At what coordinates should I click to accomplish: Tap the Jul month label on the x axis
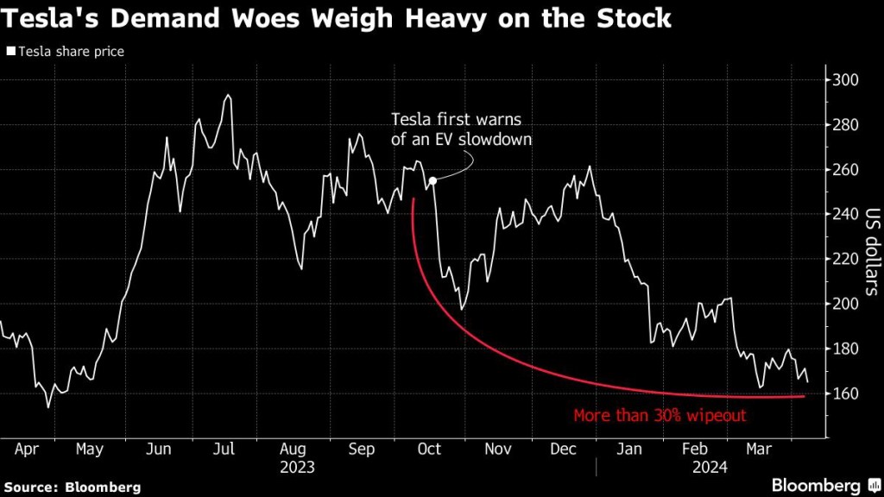click(224, 449)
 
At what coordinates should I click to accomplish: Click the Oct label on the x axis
click(429, 449)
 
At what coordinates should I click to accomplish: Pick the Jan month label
click(631, 449)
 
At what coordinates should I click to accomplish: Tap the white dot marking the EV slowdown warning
click(433, 180)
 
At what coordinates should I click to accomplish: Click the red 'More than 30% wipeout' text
click(660, 416)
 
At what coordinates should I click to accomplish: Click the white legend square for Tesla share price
click(10, 52)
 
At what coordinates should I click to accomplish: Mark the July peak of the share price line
click(228, 96)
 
